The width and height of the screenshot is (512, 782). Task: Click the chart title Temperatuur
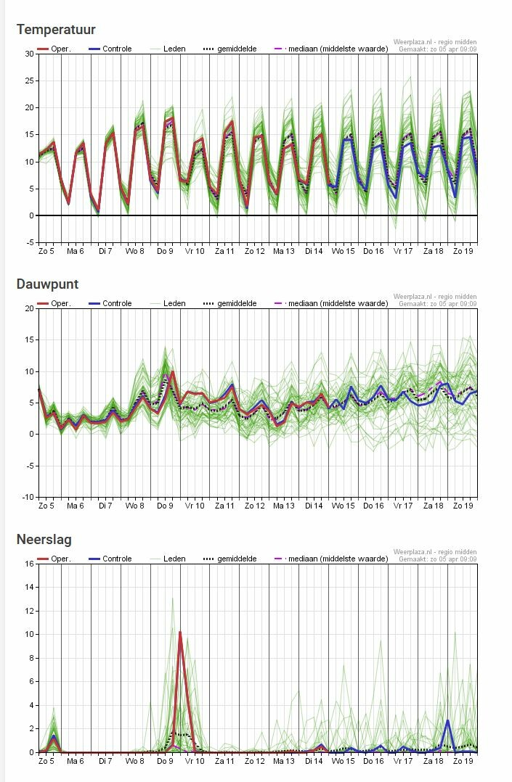56,30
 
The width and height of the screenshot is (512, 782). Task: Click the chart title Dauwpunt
47,284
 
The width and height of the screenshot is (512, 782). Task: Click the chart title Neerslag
44,539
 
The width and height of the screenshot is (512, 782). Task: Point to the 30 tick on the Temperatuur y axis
29,54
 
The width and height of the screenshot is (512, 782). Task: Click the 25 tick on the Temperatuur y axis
29,81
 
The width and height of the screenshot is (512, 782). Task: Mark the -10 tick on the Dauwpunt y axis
27,497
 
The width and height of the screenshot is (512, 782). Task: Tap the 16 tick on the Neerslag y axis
29,564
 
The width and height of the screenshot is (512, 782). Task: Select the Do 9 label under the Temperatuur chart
166,251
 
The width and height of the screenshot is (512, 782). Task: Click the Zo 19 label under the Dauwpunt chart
463,506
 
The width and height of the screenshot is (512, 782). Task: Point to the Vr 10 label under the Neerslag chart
195,761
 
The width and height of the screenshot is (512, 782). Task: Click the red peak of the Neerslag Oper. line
179,633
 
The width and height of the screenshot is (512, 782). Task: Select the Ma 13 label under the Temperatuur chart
284,251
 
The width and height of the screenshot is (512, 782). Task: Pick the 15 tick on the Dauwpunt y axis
29,339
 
